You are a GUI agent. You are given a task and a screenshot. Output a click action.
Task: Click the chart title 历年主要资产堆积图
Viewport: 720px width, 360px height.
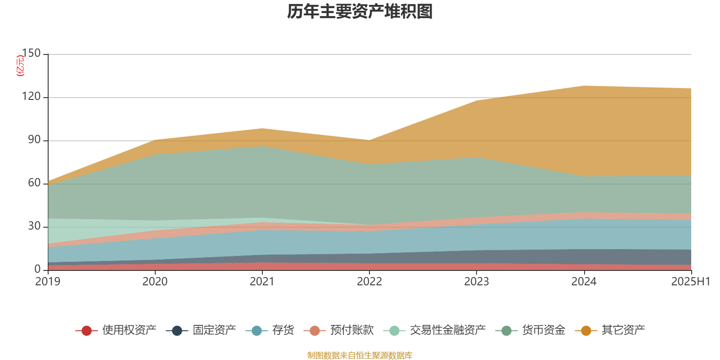click(360, 12)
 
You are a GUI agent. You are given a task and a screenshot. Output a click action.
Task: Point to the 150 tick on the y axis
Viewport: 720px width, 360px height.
click(31, 54)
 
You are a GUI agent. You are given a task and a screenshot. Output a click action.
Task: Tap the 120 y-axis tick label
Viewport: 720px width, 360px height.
click(31, 97)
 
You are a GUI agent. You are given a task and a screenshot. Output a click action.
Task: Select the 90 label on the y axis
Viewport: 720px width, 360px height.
click(34, 140)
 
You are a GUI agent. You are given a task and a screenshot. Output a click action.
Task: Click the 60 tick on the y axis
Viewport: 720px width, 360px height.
click(34, 183)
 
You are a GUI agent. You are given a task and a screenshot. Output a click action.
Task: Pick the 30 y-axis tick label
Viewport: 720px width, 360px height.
click(34, 226)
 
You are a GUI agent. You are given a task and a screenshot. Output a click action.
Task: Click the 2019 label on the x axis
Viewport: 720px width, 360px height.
click(48, 282)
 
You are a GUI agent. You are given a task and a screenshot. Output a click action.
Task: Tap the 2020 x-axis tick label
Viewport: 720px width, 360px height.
click(155, 282)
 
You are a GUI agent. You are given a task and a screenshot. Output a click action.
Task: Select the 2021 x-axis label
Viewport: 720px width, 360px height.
click(262, 282)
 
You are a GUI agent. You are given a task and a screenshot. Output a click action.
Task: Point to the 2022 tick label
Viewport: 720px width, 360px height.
click(369, 282)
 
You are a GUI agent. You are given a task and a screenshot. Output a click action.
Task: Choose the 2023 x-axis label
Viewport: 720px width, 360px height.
click(477, 282)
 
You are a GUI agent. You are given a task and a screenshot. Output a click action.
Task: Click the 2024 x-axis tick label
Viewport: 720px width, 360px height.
click(584, 282)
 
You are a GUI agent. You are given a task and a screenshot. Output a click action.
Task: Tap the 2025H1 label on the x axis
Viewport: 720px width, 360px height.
click(690, 282)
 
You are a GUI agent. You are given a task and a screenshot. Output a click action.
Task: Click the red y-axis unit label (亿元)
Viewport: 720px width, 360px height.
click(20, 66)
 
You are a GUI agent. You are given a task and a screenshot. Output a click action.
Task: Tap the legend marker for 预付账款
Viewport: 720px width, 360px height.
click(315, 331)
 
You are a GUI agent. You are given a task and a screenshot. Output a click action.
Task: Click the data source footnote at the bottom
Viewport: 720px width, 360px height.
click(360, 355)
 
